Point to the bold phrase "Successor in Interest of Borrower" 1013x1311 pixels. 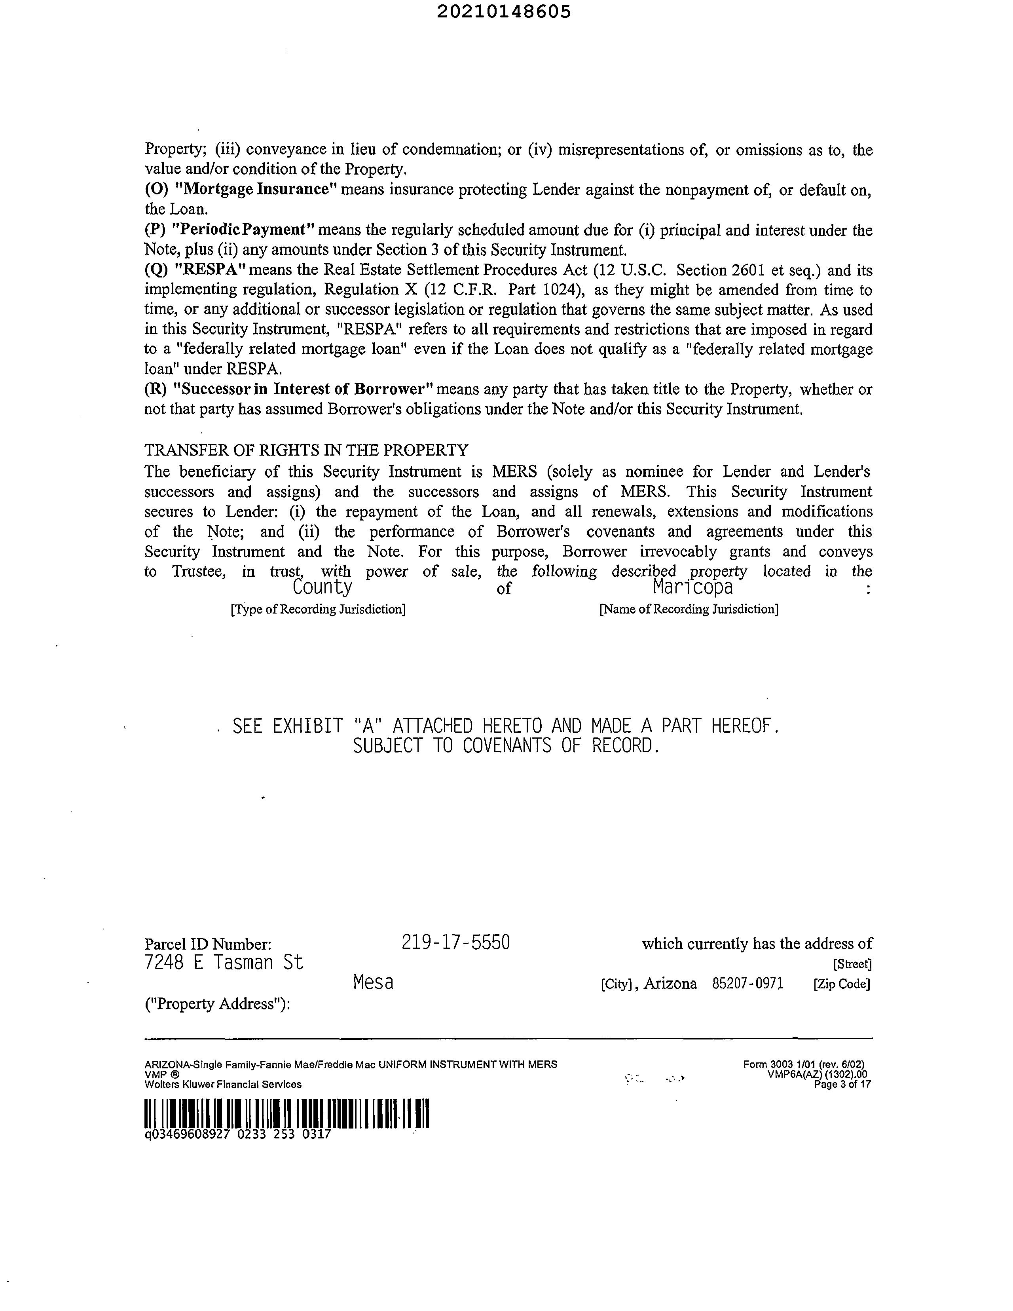[x=302, y=389]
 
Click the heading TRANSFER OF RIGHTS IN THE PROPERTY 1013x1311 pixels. [x=306, y=450]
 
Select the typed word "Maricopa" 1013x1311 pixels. [x=692, y=587]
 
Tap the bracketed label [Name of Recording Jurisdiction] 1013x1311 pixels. [x=689, y=609]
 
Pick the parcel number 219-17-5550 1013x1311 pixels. [x=455, y=942]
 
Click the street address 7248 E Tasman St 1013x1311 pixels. [x=224, y=963]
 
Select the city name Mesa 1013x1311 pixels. [x=373, y=982]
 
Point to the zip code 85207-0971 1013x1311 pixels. [x=748, y=984]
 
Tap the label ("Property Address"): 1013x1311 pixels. [x=217, y=1004]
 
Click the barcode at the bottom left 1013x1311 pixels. [x=287, y=1113]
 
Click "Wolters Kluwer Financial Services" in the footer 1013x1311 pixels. [x=223, y=1084]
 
